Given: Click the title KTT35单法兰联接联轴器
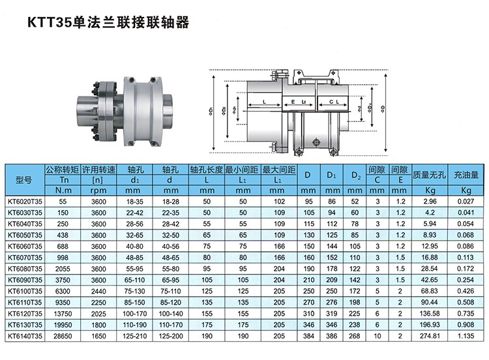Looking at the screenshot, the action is point(108,22).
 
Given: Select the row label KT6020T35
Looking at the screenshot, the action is point(25,202).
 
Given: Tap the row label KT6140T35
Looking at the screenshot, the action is point(25,336).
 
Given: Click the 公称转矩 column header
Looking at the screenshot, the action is point(63,170).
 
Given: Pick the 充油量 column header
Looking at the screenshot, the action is point(466,175).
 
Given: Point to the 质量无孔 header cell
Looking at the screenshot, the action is point(430,175).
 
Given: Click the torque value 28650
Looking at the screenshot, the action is point(63,336).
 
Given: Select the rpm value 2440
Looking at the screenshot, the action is point(98,291).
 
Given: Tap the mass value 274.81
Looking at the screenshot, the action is point(430,336).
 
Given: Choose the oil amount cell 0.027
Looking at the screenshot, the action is point(466,202).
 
